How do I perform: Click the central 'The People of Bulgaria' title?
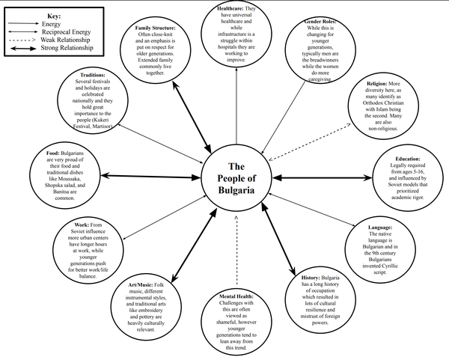[x=236, y=178]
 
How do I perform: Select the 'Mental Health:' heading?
[x=236, y=297]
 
